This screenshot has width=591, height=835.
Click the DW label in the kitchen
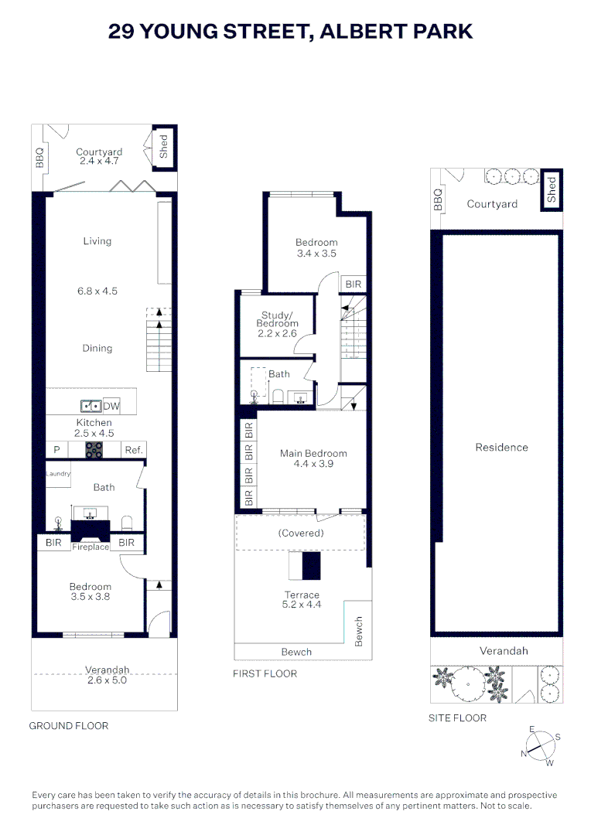pos(111,406)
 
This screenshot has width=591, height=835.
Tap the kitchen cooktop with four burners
pos(94,450)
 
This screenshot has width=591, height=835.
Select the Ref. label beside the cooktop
pos(133,450)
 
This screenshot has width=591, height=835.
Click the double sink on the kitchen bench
pos(90,406)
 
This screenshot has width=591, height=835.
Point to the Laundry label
pos(58,474)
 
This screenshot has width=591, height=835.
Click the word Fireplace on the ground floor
pos(91,547)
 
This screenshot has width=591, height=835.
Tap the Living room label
pos(97,241)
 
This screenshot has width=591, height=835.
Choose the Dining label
pos(97,349)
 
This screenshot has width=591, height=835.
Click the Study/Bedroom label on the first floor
pos(277,319)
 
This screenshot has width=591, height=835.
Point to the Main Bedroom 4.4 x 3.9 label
pos(313,458)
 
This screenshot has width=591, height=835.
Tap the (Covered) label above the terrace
pos(300,533)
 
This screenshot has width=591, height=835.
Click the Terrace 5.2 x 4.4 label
pos(302,600)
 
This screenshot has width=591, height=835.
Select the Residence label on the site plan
pos(501,448)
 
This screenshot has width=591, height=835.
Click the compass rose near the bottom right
pos(540,748)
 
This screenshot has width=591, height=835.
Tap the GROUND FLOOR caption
pos(68,726)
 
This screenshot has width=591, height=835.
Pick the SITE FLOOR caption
pos(457,718)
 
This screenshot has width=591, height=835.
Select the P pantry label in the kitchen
pos(56,450)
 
